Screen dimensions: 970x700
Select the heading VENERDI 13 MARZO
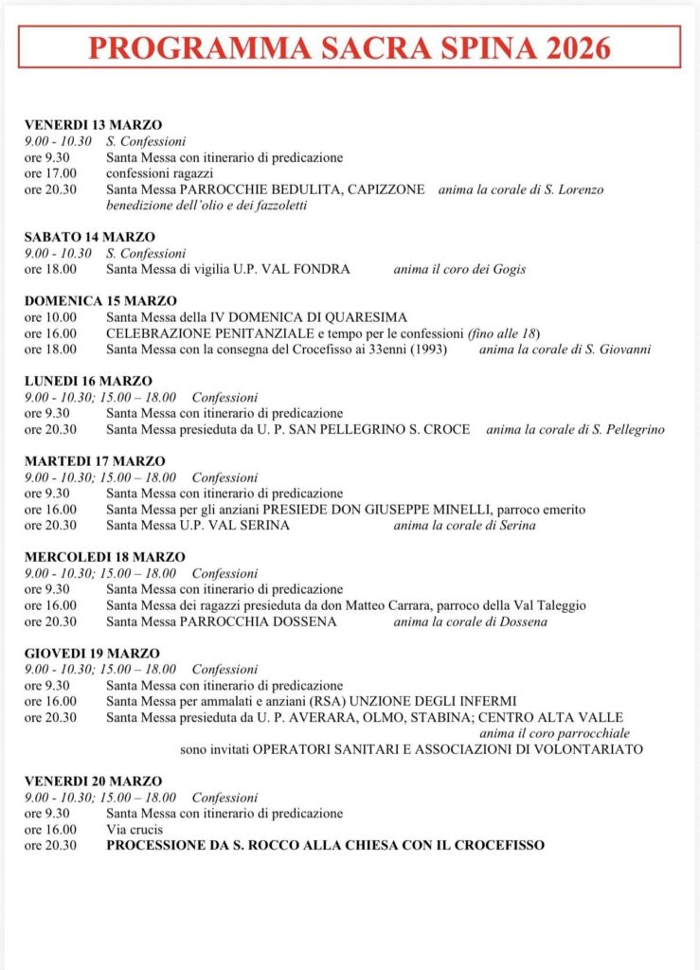[x=93, y=125]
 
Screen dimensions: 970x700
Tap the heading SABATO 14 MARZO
[x=90, y=237]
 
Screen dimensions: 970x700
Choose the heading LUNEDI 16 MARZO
[x=88, y=381]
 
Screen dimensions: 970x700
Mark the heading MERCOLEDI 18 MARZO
[x=104, y=557]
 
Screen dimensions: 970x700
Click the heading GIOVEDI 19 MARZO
[x=92, y=653]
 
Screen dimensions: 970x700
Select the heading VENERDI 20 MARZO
[x=93, y=781]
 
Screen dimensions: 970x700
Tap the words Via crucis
[x=135, y=829]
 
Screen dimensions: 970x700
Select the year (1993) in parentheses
[x=427, y=350]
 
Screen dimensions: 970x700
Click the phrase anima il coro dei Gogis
[x=459, y=269]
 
